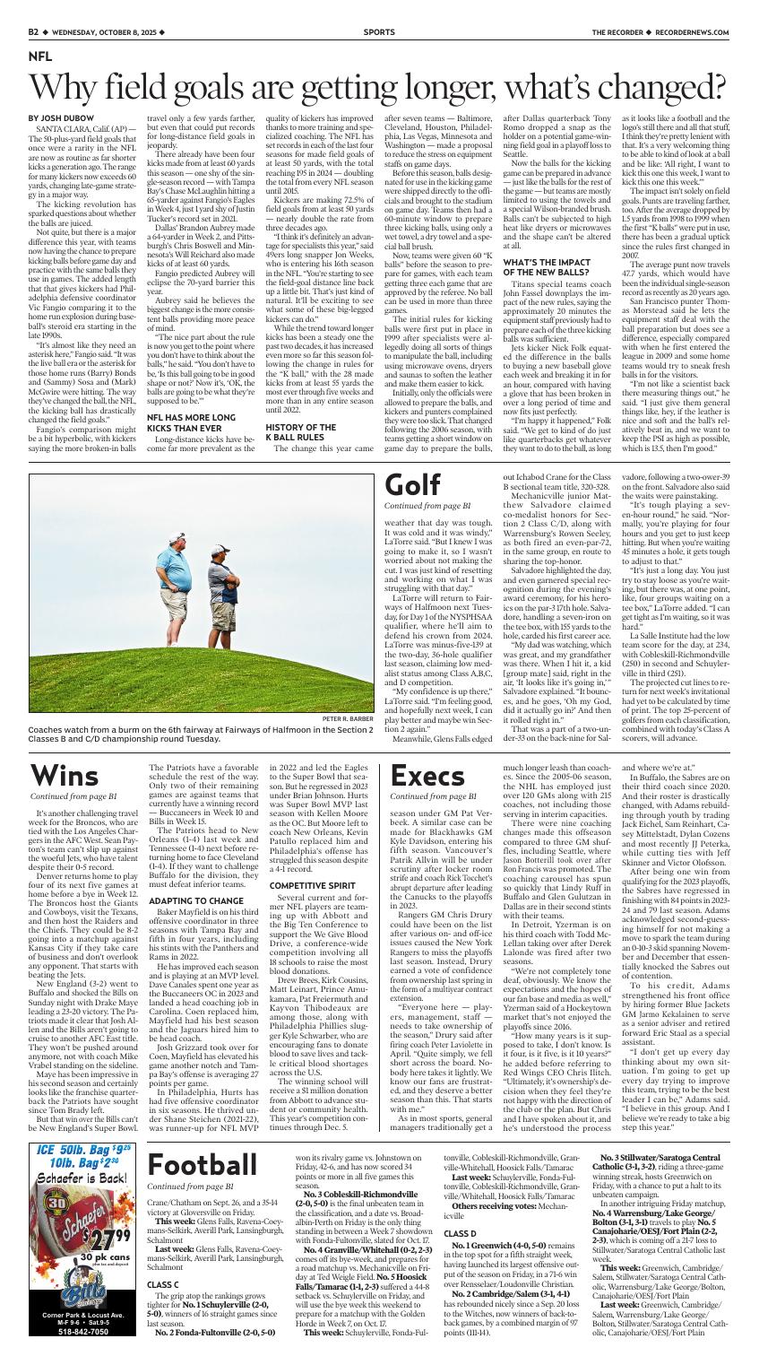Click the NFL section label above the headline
(x=40, y=56)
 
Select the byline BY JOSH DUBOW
(x=58, y=118)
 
